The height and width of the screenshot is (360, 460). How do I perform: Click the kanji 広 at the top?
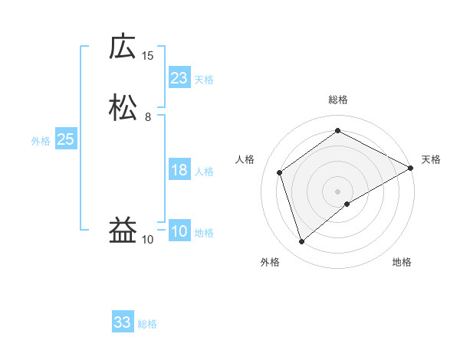click(x=123, y=47)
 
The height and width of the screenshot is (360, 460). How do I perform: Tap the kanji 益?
click(x=123, y=231)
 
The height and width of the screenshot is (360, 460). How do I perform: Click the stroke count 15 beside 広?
click(x=147, y=55)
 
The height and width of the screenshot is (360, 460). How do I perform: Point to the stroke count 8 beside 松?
click(x=147, y=116)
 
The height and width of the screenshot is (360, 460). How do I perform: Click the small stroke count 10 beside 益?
click(x=147, y=240)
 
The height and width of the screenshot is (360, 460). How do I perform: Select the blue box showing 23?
click(x=179, y=78)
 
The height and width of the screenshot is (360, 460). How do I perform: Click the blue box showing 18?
click(x=179, y=170)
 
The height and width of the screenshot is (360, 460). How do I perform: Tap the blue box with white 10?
click(x=179, y=232)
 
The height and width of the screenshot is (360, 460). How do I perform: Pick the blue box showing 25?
click(x=65, y=139)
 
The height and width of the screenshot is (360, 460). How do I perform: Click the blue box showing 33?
click(x=123, y=322)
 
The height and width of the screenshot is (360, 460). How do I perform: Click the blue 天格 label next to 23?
click(x=204, y=80)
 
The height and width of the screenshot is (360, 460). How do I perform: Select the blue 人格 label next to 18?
click(x=204, y=172)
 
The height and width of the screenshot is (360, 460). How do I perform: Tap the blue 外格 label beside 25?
click(x=41, y=141)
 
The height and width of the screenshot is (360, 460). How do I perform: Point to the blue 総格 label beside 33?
click(x=147, y=324)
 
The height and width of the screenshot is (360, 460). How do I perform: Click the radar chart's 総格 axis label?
click(x=337, y=100)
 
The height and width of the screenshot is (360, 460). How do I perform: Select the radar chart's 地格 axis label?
click(x=402, y=263)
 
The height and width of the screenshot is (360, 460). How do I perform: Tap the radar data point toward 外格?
click(x=301, y=242)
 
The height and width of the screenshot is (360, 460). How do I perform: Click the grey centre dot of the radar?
click(x=337, y=191)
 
